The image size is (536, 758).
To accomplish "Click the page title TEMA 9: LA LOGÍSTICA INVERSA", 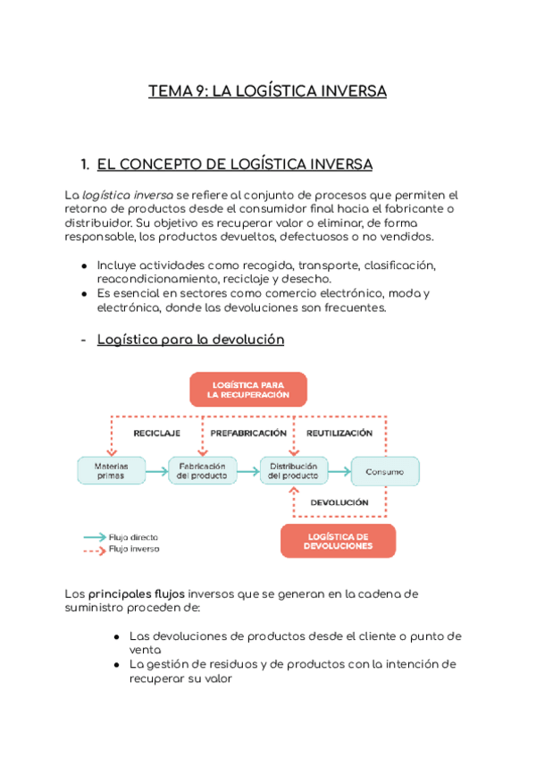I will [x=267, y=91].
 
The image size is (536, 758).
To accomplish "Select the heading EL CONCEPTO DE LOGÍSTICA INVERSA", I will [x=234, y=164].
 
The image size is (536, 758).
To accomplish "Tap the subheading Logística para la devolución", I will [x=190, y=340].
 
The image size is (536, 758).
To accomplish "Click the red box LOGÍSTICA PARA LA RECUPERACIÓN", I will [x=247, y=390].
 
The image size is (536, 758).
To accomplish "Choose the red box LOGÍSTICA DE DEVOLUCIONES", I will [x=338, y=541].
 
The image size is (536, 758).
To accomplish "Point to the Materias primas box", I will [x=111, y=470].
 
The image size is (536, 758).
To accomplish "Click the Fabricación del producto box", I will [x=203, y=470].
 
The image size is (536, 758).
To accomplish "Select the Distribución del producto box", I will [x=294, y=470].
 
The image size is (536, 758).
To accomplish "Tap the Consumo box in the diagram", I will [x=384, y=471].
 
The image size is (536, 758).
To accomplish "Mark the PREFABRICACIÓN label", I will [x=247, y=433].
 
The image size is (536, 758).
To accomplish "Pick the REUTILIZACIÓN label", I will [x=339, y=433].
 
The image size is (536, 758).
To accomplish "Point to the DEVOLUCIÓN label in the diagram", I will [x=339, y=502].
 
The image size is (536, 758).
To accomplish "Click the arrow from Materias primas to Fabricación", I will [x=156, y=470].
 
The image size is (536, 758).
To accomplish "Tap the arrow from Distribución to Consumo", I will [x=339, y=470].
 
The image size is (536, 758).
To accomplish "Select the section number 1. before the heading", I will [x=85, y=164].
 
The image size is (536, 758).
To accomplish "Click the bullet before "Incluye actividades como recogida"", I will [x=84, y=266].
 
